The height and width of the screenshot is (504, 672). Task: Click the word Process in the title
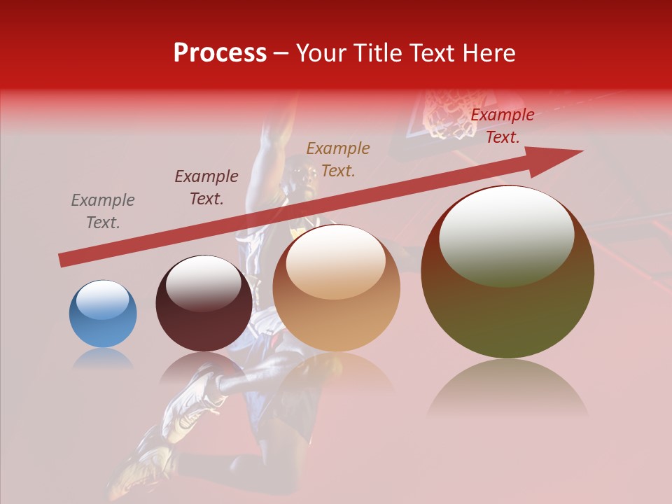(x=220, y=53)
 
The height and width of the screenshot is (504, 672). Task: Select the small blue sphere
(x=103, y=314)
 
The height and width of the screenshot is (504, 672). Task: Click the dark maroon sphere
(x=204, y=304)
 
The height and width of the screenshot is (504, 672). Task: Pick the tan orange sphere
(x=336, y=288)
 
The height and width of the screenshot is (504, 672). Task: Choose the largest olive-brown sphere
(x=507, y=272)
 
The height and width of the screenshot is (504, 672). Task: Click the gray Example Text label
(x=103, y=211)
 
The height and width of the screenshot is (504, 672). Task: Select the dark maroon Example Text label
(x=206, y=187)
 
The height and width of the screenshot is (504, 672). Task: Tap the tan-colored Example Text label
(x=338, y=159)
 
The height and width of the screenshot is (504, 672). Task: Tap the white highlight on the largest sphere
(x=506, y=237)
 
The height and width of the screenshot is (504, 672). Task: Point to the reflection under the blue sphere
(x=103, y=358)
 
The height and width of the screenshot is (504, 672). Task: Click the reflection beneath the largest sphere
(x=507, y=388)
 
